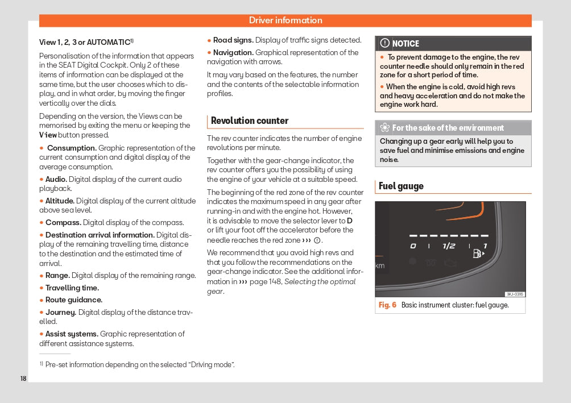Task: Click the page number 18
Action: point(23,379)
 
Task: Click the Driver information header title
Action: point(285,20)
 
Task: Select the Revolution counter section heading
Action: point(250,121)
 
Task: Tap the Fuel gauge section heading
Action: point(401,186)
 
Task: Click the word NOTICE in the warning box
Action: point(406,44)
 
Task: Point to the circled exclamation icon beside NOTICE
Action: point(385,43)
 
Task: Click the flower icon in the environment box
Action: point(384,128)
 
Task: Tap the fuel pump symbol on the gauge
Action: point(478,254)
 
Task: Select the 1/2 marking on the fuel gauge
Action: point(449,246)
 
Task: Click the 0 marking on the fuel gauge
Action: point(413,246)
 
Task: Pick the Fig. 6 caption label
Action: point(387,305)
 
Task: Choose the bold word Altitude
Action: point(59,201)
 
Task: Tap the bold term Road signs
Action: point(233,40)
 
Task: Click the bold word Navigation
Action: point(229,53)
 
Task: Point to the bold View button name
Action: point(48,135)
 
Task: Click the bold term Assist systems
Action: point(72,334)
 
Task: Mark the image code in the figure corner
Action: point(515,294)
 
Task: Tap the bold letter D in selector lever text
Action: point(350,221)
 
